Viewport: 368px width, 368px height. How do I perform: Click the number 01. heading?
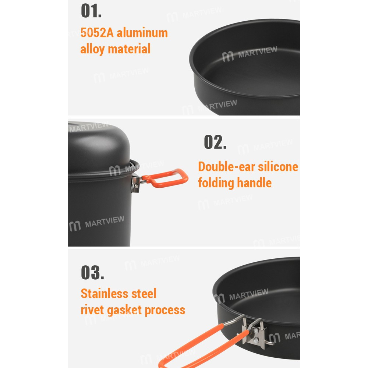(x=91, y=11)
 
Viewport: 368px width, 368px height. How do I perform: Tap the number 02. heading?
(x=215, y=142)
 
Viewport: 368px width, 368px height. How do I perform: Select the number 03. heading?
(x=92, y=273)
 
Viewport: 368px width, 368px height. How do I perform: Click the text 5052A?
(x=97, y=33)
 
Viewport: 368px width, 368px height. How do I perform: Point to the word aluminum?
(x=142, y=33)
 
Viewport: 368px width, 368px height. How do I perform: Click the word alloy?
(x=93, y=49)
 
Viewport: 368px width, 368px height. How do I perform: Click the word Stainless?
(x=105, y=294)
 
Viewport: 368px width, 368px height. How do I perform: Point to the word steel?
(x=144, y=294)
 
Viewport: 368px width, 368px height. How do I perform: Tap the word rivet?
(x=92, y=310)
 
